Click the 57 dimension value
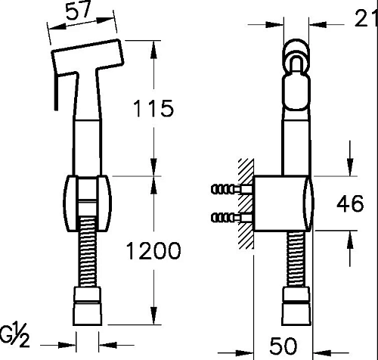tap(79, 11)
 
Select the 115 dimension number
tap(153, 108)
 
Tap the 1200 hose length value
tap(153, 250)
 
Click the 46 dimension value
tap(350, 203)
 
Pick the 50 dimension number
tap(283, 346)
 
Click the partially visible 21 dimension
tap(366, 17)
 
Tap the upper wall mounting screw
tap(232, 189)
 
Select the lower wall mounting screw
tap(232, 217)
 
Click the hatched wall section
tap(246, 204)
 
